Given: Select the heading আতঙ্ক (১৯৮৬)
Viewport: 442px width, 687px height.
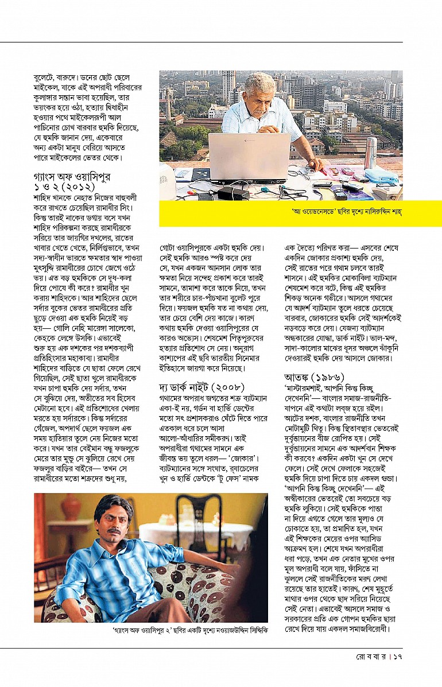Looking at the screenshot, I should point(314,377).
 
